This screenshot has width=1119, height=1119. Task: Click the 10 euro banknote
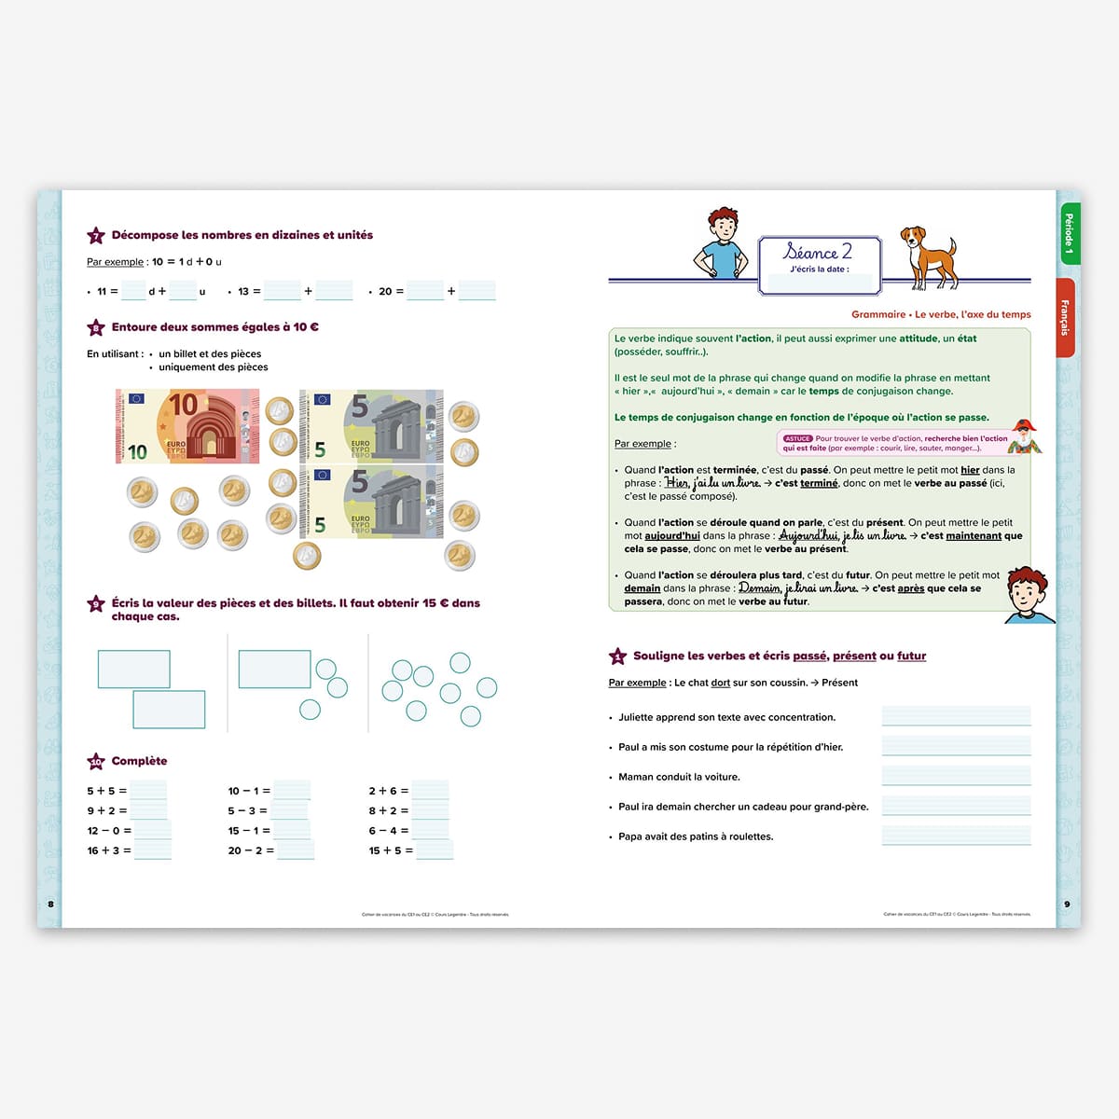(187, 426)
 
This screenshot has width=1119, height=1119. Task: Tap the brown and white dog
(928, 256)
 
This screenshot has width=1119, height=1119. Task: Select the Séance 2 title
(818, 252)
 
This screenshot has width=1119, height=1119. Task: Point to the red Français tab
(1064, 317)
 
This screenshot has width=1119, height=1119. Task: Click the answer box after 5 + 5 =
(148, 791)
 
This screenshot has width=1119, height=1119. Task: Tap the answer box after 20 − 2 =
(296, 850)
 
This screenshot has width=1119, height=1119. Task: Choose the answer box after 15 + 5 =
(435, 850)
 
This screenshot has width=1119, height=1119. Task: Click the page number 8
(50, 904)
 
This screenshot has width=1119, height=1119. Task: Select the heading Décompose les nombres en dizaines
(242, 235)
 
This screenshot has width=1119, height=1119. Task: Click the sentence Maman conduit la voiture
(679, 777)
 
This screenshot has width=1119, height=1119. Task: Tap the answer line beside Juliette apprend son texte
(956, 716)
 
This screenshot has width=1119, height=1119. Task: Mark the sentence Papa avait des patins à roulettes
(696, 836)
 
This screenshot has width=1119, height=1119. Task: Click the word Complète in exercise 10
(139, 761)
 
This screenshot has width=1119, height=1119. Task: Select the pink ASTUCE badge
(797, 438)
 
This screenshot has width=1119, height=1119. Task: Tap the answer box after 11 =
(133, 291)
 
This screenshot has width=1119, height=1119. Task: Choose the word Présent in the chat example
(839, 683)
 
